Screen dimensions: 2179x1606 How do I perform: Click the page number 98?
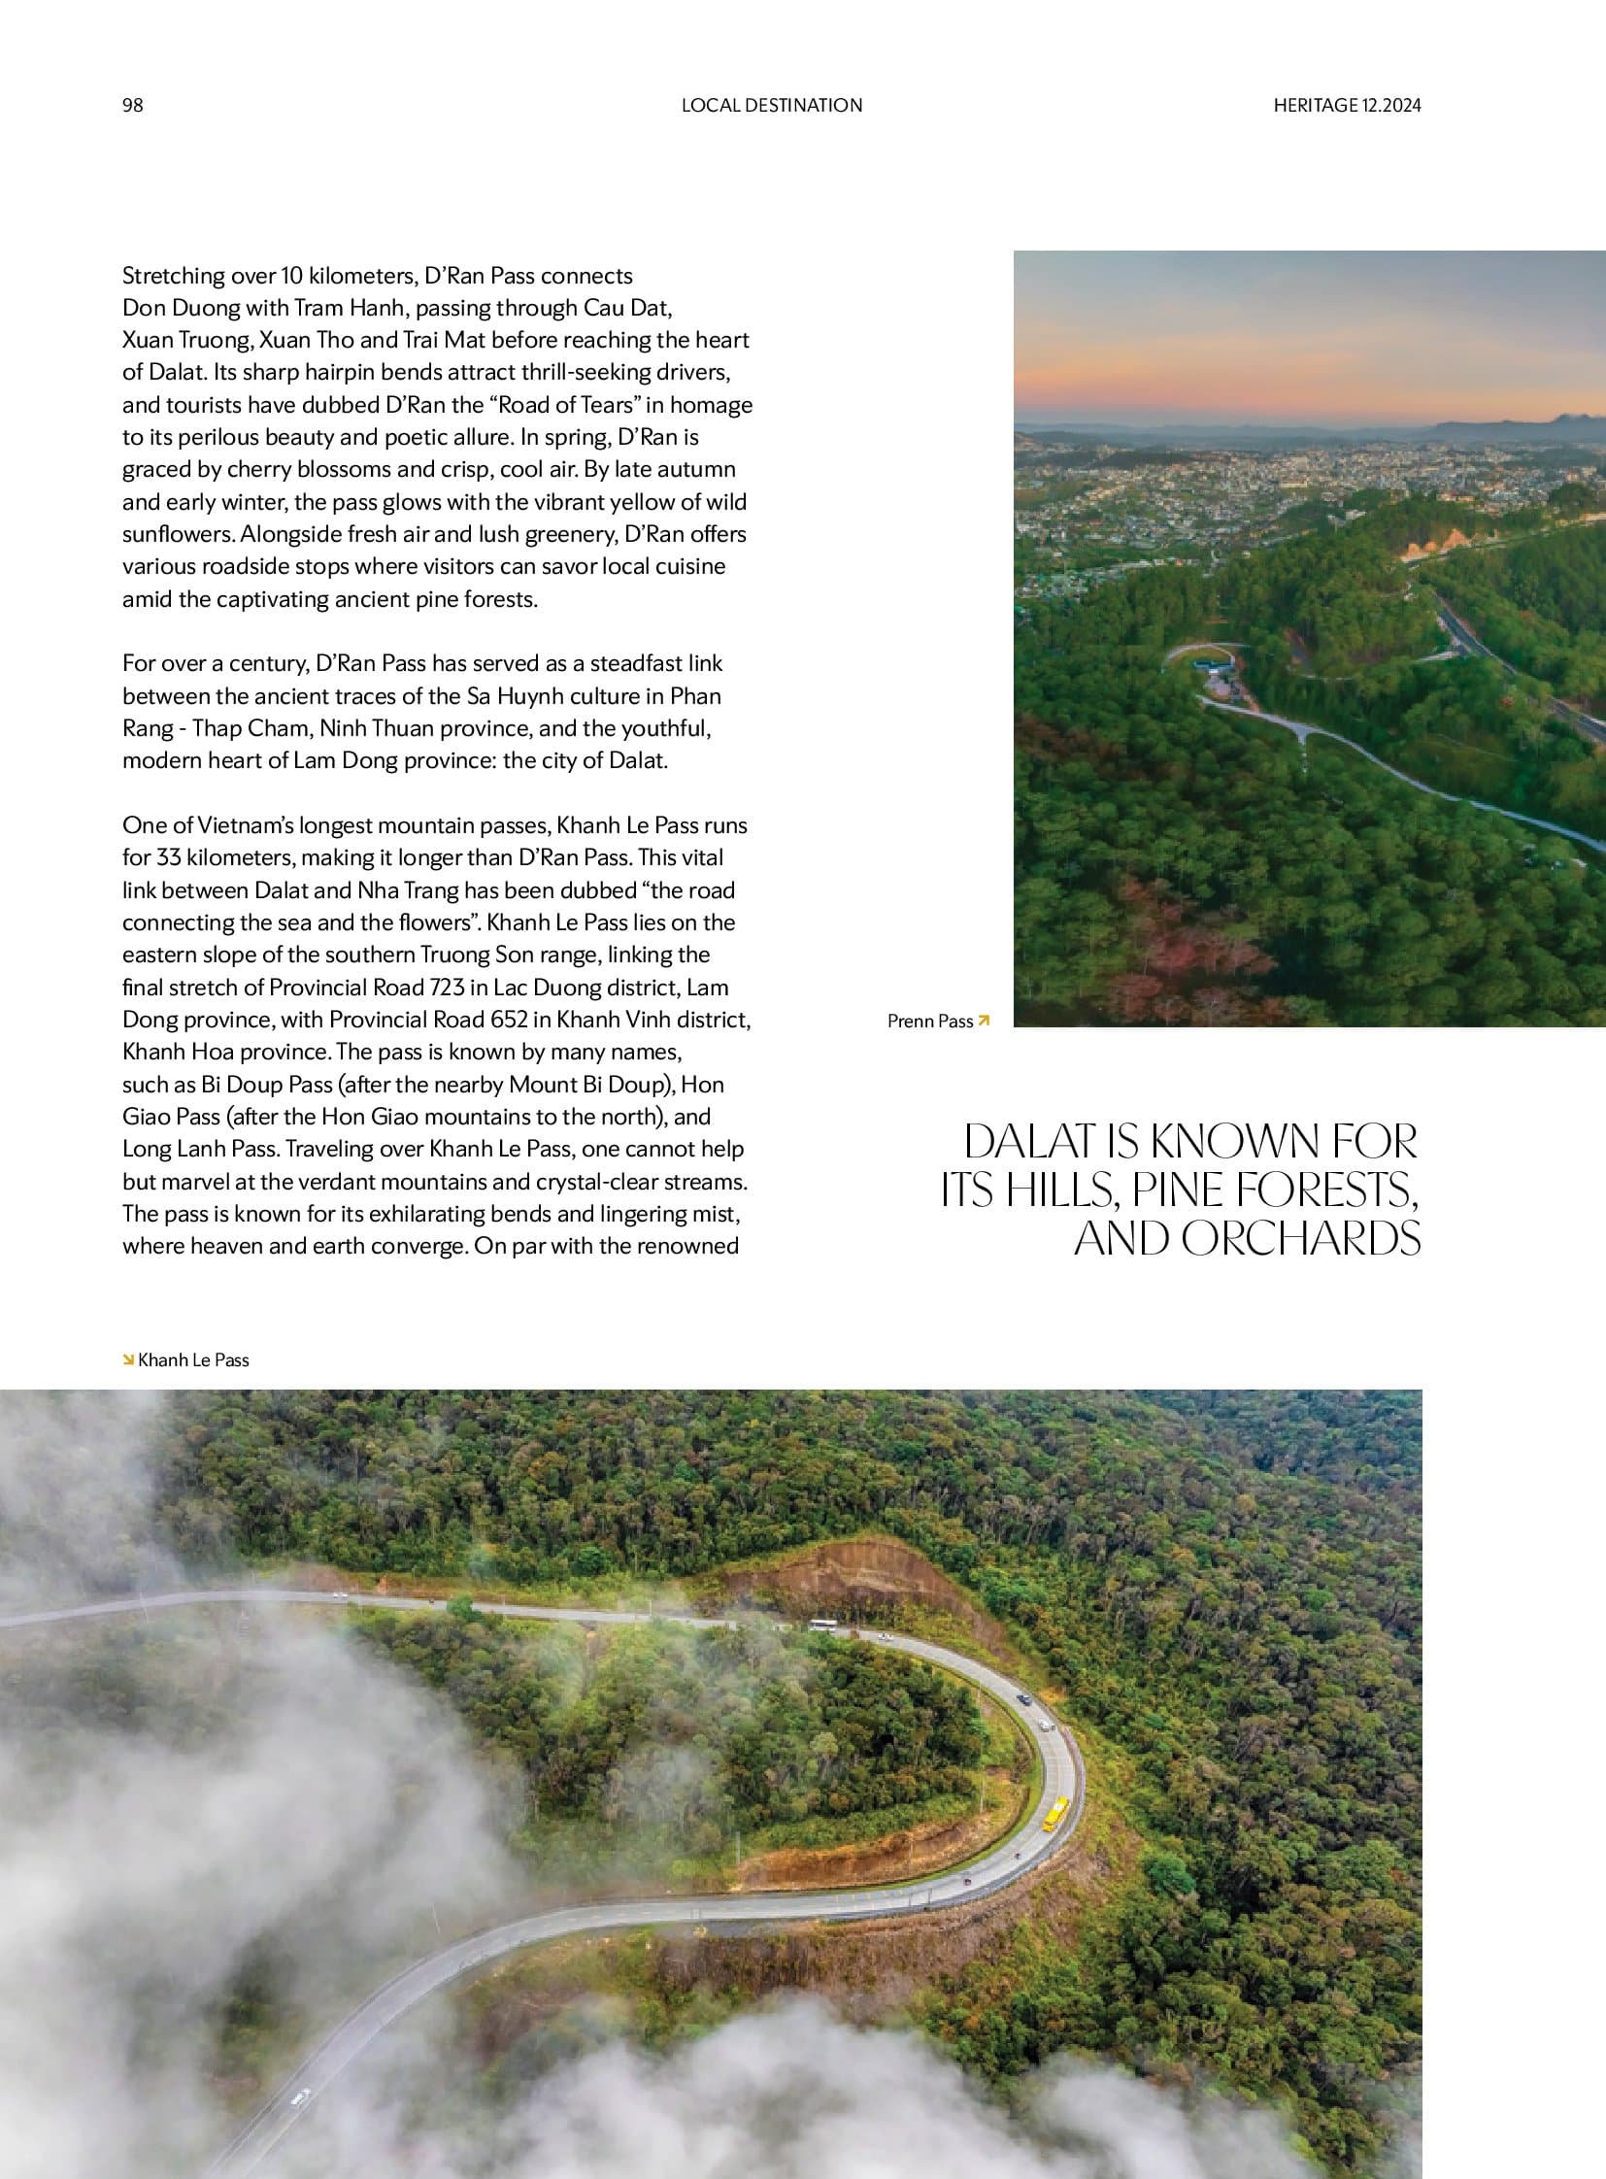click(132, 105)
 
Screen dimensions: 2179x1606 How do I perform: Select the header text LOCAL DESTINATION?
click(771, 105)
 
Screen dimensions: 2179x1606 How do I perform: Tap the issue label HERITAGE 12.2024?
click(1347, 105)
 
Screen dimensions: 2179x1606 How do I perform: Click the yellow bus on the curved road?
click(1054, 1813)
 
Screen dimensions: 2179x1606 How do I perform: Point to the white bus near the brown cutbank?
click(822, 1625)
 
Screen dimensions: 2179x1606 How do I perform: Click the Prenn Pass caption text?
click(929, 1021)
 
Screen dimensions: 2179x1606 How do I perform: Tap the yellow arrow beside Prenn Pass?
click(984, 1020)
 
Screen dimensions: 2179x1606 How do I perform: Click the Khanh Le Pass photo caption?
click(193, 1360)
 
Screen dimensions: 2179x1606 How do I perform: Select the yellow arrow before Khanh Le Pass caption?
click(127, 1359)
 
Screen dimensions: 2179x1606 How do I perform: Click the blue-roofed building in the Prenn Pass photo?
click(1211, 666)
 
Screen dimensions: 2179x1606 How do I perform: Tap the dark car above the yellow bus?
click(1022, 1698)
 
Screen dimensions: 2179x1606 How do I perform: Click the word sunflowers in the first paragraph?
click(178, 535)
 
